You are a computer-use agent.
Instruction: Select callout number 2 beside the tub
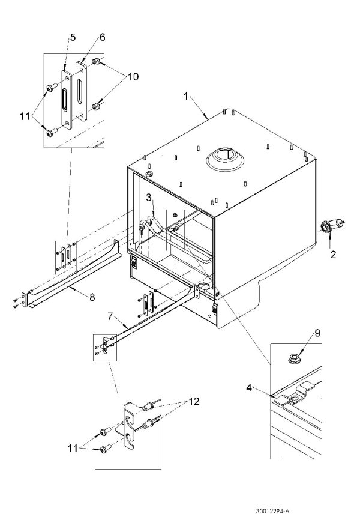pyautogui.click(x=332, y=254)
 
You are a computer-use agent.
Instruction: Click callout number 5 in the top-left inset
pyautogui.click(x=72, y=37)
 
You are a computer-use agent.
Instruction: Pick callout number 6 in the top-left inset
pyautogui.click(x=102, y=37)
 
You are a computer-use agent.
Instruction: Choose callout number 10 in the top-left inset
pyautogui.click(x=133, y=76)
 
